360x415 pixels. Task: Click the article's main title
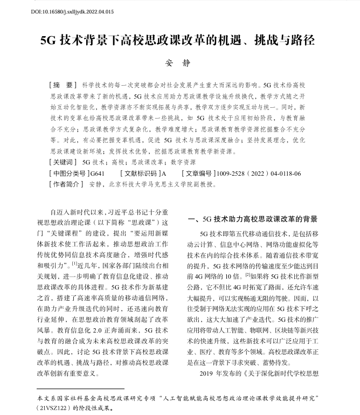tap(180, 41)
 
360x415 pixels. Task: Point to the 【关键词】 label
tap(64, 162)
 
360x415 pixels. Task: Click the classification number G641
tap(98, 173)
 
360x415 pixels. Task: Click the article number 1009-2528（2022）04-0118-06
tap(258, 173)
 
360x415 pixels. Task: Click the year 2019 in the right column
tap(207, 373)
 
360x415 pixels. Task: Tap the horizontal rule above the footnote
tap(80, 388)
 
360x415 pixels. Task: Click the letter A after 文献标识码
tap(164, 173)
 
